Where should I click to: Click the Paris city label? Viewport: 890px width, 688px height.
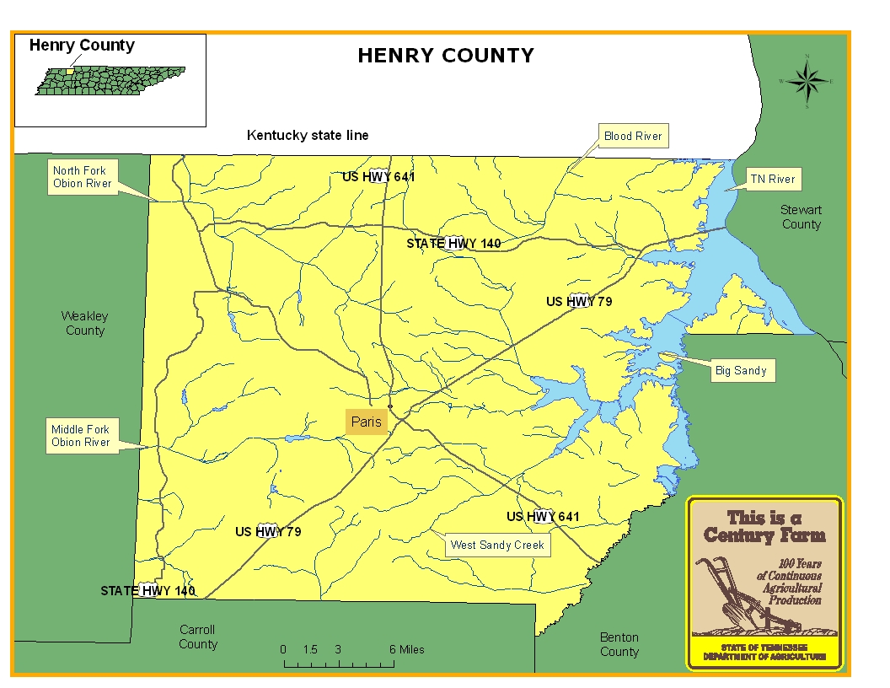tap(367, 422)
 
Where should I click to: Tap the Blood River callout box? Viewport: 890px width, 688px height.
tap(632, 136)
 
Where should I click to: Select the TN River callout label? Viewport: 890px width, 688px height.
tap(773, 179)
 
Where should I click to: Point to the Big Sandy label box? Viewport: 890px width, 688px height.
tap(740, 370)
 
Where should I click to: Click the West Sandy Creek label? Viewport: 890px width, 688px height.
tap(497, 545)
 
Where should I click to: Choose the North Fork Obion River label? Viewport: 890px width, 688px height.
tap(82, 177)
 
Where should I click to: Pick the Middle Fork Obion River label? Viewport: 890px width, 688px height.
tap(81, 436)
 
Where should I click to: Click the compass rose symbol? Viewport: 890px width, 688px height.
tap(807, 82)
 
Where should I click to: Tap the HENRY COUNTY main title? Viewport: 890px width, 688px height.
tap(446, 56)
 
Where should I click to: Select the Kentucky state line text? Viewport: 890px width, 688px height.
tap(308, 135)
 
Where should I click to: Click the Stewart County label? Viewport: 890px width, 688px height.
tap(801, 217)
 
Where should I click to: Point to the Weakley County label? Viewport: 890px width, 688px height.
tap(84, 323)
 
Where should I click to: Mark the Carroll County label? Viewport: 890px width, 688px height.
tap(198, 637)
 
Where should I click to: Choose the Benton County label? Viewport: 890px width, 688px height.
tap(619, 644)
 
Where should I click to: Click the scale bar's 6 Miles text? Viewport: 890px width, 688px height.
tap(406, 649)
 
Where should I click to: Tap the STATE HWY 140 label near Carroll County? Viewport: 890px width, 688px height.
tap(147, 590)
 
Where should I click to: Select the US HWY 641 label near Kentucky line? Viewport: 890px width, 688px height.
tap(378, 177)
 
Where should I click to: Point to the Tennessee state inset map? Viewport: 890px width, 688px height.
tap(110, 81)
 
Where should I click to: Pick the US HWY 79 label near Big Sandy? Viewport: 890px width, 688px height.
tap(579, 301)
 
